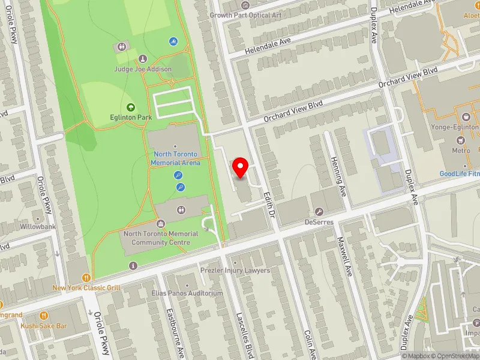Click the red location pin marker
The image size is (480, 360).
click(x=241, y=166)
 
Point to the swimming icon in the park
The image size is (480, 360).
click(x=173, y=41)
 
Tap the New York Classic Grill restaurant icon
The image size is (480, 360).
click(x=87, y=278)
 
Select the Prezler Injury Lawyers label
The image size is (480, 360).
click(x=235, y=270)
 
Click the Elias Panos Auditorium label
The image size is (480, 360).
click(x=187, y=293)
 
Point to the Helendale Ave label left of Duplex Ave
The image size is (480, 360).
click(x=271, y=43)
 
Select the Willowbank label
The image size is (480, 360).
click(x=38, y=227)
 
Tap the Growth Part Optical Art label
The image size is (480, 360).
click(x=245, y=14)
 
